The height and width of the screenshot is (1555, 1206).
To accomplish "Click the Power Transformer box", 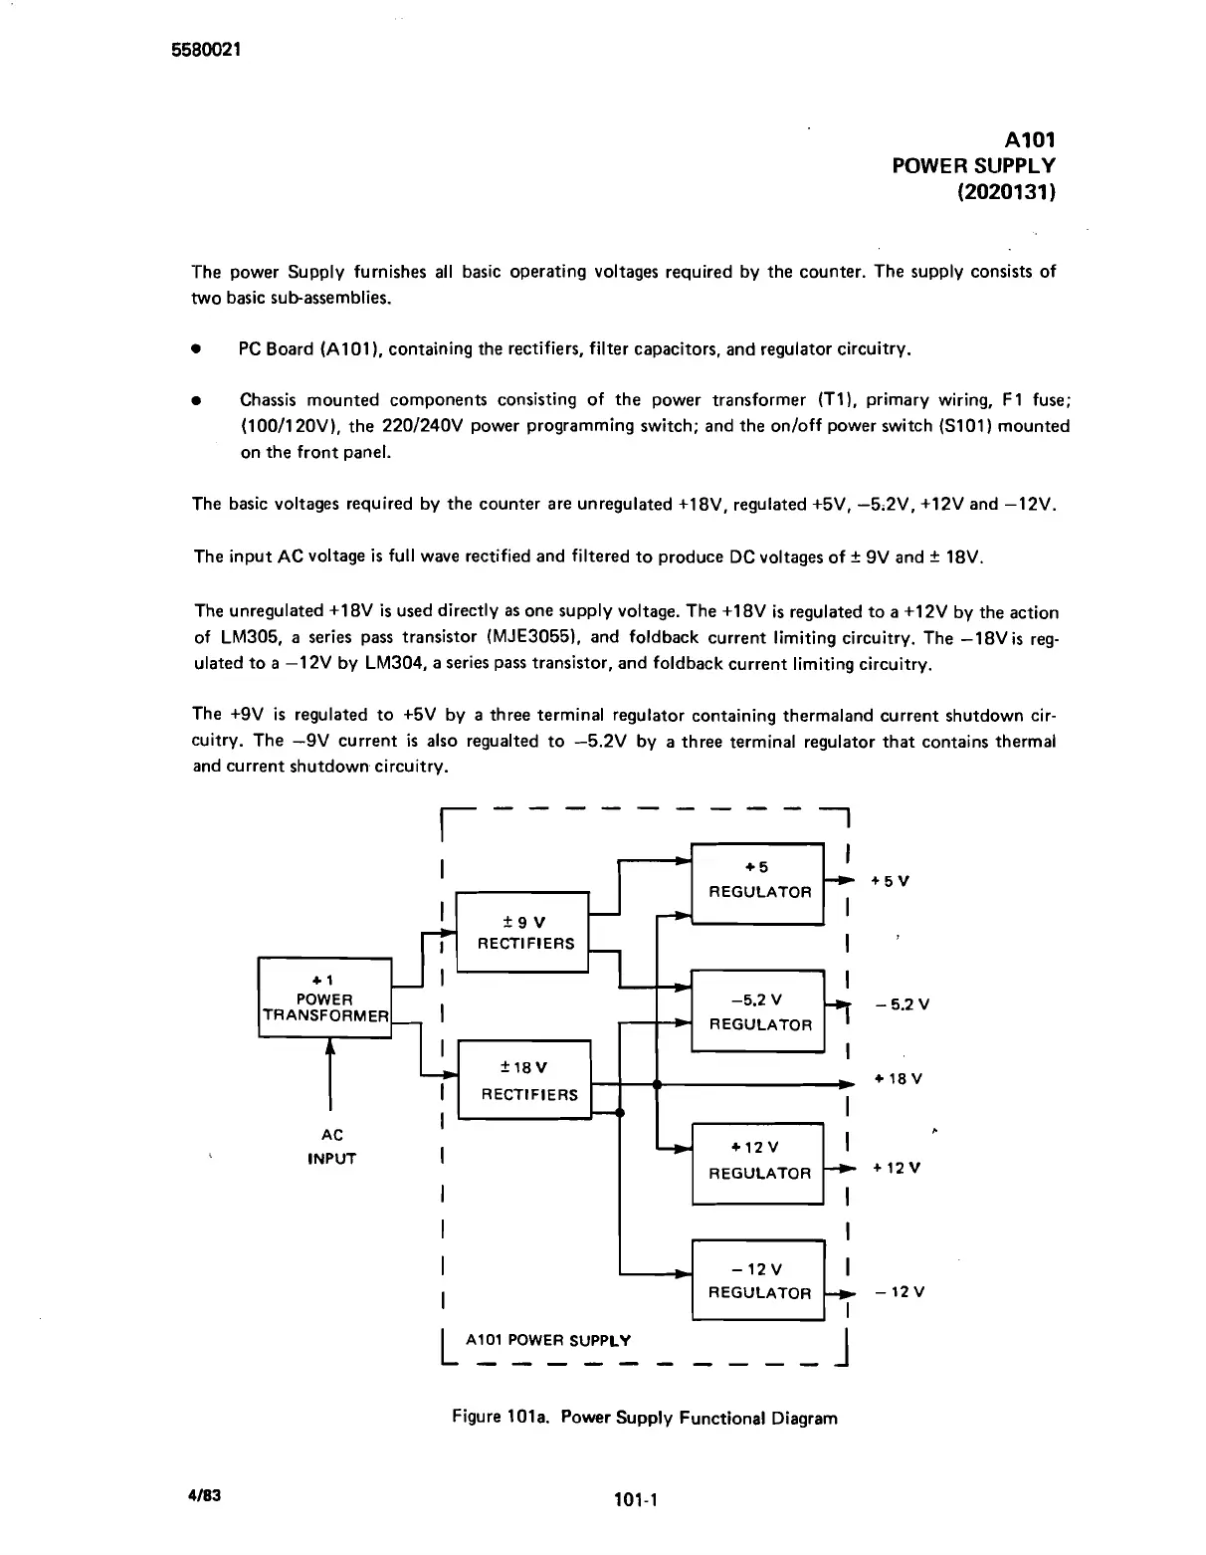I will [325, 999].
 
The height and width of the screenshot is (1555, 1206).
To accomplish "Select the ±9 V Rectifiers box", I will [523, 932].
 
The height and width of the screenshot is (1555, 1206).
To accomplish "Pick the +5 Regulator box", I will [758, 881].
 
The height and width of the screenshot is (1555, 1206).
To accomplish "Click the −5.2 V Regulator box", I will [758, 1011].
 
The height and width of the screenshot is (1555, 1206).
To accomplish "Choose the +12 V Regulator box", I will [758, 1162].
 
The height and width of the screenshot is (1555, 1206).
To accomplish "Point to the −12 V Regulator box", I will [758, 1280].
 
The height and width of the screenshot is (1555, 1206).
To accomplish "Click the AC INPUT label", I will [331, 1147].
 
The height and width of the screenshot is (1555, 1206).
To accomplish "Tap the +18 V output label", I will [898, 1079].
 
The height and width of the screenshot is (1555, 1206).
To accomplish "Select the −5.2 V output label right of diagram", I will [902, 1004].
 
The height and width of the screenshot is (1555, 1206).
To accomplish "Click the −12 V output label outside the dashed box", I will [900, 1292].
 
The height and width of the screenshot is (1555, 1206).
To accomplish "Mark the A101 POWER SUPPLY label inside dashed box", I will [547, 1340].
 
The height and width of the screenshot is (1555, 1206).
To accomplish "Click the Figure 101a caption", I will [644, 1418].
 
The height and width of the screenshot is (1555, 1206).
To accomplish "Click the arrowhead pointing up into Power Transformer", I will [328, 1047].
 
